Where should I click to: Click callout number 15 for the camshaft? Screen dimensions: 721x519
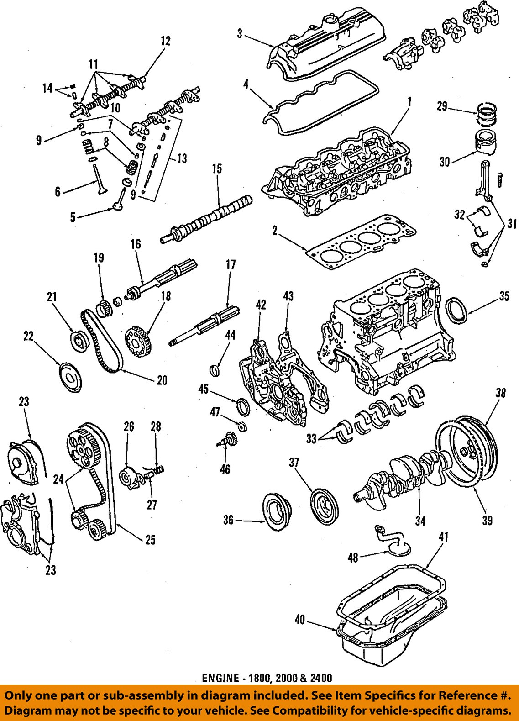(217, 169)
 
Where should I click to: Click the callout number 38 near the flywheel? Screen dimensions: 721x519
(501, 393)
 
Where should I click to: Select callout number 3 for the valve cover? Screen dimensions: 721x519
(240, 33)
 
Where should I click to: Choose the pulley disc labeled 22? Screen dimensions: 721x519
(70, 377)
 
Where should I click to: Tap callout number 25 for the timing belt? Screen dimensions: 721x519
(150, 540)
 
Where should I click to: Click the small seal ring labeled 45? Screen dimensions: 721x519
(242, 406)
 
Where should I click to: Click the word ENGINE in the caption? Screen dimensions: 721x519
(220, 678)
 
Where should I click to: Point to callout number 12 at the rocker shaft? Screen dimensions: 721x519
(165, 41)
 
